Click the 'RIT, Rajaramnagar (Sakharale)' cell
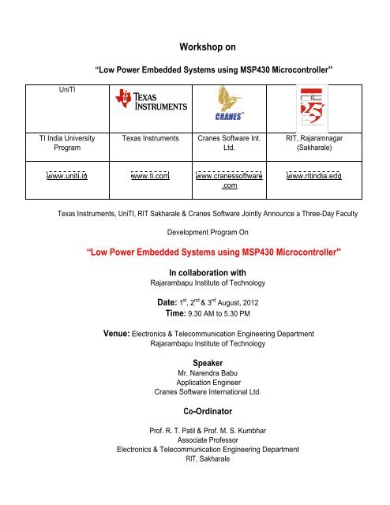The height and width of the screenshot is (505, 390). [x=313, y=142]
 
